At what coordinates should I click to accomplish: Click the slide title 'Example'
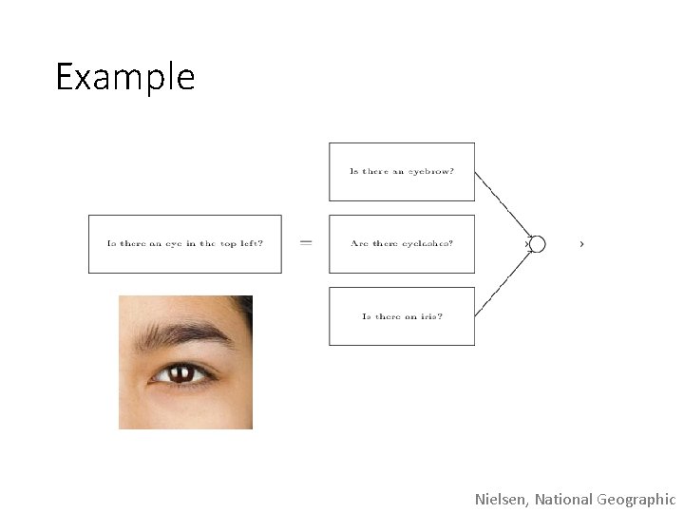point(124,77)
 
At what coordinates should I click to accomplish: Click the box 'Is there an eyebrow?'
point(401,172)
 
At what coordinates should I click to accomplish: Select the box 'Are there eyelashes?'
point(401,244)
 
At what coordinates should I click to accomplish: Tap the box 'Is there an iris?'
point(401,316)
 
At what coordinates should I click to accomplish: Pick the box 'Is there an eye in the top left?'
point(185,244)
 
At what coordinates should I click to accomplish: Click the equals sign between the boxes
point(306,243)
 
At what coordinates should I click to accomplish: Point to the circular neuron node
point(537,244)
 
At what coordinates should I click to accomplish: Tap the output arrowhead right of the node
point(581,244)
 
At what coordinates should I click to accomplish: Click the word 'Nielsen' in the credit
point(502,499)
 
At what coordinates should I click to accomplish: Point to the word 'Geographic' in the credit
point(636,499)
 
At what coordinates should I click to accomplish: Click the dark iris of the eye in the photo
point(180,373)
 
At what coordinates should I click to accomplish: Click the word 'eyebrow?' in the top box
point(431,172)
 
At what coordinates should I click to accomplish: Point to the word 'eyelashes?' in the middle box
point(427,244)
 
